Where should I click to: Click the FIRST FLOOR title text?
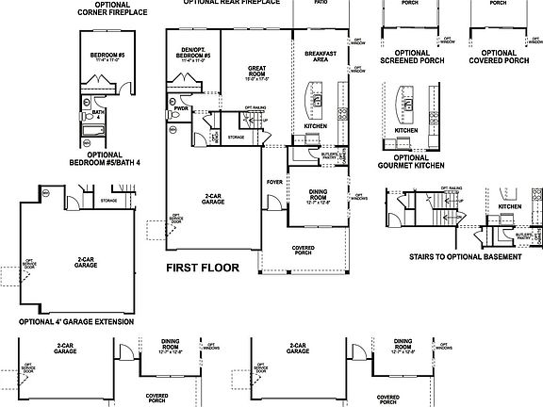(x=203, y=268)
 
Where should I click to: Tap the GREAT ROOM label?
(x=256, y=72)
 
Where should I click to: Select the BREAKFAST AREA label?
(x=316, y=57)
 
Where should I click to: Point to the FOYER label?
(x=274, y=183)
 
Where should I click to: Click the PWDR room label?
(x=181, y=109)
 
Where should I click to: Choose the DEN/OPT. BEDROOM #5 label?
(x=193, y=54)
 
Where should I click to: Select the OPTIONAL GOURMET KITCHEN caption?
(x=411, y=162)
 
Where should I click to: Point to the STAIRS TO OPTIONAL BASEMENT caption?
(x=465, y=256)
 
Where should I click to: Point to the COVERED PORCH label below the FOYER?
(x=303, y=251)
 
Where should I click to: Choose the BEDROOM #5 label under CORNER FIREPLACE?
(x=105, y=56)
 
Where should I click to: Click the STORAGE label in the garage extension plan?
(x=109, y=201)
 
